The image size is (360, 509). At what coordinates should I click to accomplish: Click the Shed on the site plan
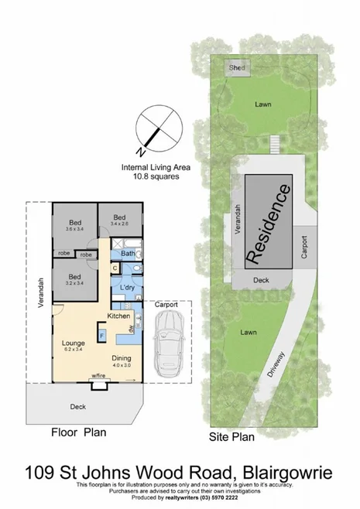[237, 68]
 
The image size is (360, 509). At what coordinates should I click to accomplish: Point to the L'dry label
[128, 288]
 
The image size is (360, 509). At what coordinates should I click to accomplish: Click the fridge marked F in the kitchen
[101, 333]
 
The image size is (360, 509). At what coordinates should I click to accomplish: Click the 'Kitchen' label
[118, 316]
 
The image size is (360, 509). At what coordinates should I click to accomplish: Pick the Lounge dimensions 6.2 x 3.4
[73, 350]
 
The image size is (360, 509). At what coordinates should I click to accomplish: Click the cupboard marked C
[115, 268]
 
